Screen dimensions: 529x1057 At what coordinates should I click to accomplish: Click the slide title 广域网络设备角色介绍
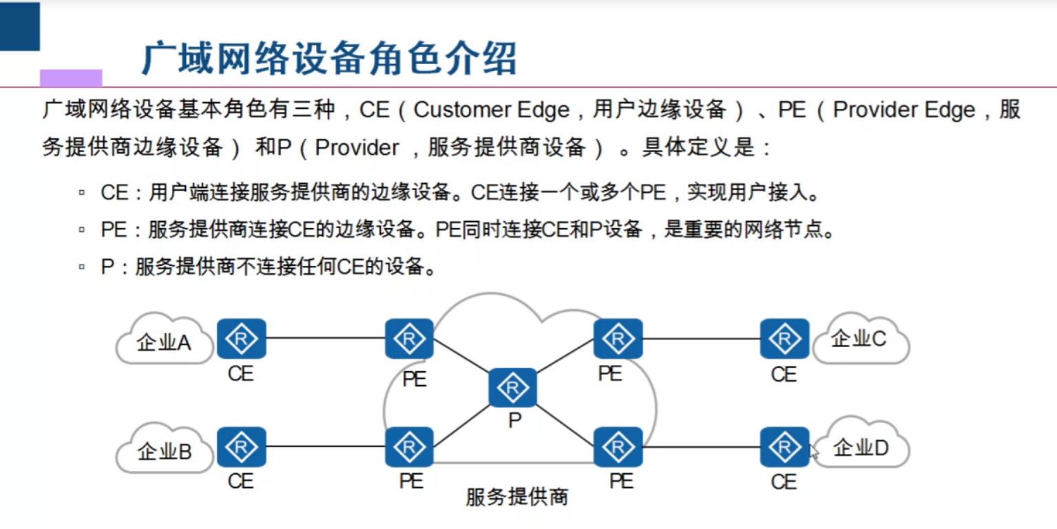click(x=328, y=59)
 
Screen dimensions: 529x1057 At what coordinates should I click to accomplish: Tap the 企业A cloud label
click(x=164, y=342)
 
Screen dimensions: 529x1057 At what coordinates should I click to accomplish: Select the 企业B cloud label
click(x=164, y=452)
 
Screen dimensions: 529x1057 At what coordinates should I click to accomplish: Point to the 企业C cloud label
click(x=858, y=338)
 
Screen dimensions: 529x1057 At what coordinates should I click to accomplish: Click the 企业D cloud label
click(x=861, y=448)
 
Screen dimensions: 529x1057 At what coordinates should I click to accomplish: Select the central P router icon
click(x=512, y=388)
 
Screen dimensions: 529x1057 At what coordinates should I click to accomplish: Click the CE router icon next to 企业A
click(x=242, y=338)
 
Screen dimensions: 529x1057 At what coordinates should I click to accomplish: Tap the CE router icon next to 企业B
click(x=242, y=447)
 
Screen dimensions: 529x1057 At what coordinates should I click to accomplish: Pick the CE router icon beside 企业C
click(x=784, y=338)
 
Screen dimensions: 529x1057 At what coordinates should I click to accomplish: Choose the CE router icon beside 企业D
click(x=784, y=447)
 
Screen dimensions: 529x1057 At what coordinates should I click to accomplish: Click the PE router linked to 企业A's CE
click(x=410, y=338)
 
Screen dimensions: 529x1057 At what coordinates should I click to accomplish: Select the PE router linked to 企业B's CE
click(x=410, y=447)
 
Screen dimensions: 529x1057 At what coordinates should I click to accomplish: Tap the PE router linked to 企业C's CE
click(x=618, y=338)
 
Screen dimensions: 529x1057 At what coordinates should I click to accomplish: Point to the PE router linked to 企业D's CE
click(x=618, y=447)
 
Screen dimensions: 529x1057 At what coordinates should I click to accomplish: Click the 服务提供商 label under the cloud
click(x=517, y=497)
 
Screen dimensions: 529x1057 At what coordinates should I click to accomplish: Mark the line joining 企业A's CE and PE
click(x=325, y=338)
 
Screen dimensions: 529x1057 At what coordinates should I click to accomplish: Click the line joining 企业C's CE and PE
click(x=701, y=338)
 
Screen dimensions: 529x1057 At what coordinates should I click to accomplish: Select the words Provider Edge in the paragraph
click(x=903, y=110)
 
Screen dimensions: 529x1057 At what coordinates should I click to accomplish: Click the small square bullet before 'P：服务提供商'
click(x=82, y=266)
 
